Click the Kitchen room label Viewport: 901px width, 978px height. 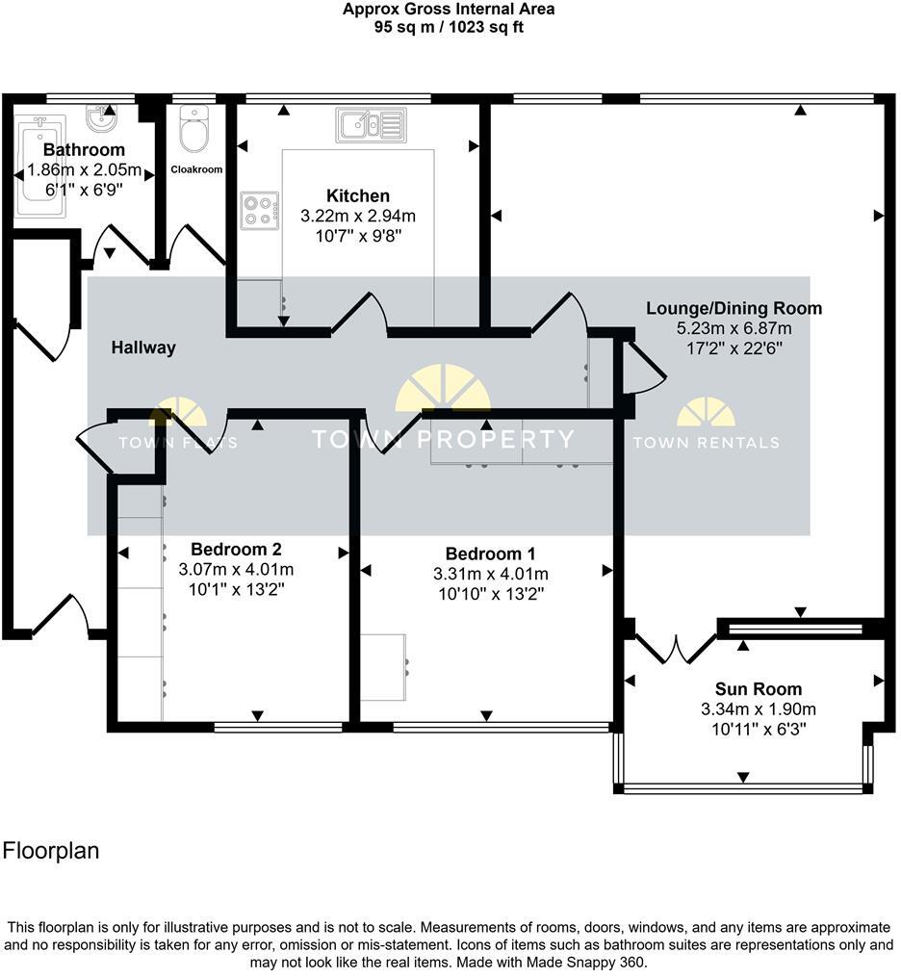pyautogui.click(x=357, y=196)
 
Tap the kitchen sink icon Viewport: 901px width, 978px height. pyautogui.click(x=371, y=124)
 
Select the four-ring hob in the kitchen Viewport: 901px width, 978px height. pyautogui.click(x=260, y=211)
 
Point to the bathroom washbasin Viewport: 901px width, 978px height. pyautogui.click(x=101, y=119)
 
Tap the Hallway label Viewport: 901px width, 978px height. pyautogui.click(x=143, y=347)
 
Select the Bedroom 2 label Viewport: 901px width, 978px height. pyautogui.click(x=236, y=550)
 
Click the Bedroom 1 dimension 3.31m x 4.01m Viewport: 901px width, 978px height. pyautogui.click(x=490, y=574)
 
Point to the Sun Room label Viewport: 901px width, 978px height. pyautogui.click(x=758, y=689)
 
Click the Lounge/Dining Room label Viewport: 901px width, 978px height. pyautogui.click(x=734, y=309)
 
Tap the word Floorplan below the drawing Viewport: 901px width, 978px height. pyautogui.click(x=51, y=851)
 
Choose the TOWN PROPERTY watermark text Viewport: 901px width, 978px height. pyautogui.click(x=443, y=440)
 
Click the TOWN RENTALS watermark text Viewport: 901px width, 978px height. pyautogui.click(x=706, y=443)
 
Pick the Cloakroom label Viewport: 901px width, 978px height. pyautogui.click(x=196, y=169)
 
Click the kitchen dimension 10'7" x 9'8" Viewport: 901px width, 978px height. pyautogui.click(x=357, y=234)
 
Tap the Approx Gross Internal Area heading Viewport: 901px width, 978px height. pyautogui.click(x=449, y=10)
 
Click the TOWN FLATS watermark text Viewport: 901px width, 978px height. pyautogui.click(x=178, y=443)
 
